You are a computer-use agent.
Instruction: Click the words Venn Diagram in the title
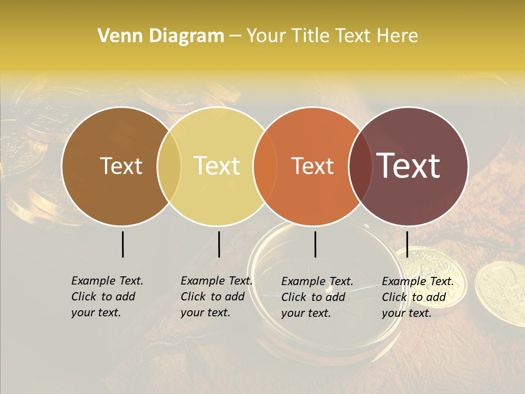coord(161,36)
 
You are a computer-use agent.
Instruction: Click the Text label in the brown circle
coord(121,166)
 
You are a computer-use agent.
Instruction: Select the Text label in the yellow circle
coord(217,166)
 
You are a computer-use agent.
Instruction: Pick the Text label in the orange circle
coord(313,166)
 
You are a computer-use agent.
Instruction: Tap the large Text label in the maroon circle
coord(409,166)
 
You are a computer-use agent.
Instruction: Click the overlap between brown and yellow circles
coord(169,166)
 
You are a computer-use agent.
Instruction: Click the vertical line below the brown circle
coord(122,244)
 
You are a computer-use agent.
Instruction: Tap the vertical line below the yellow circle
coord(219,244)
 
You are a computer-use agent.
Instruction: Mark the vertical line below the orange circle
coord(315,244)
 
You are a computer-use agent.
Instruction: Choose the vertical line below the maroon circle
coord(407,244)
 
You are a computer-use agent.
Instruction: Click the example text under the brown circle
coord(107,297)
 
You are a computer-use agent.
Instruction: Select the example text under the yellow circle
coord(217,297)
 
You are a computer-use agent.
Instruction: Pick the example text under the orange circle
coord(317,297)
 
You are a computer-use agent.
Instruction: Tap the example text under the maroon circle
coord(418,297)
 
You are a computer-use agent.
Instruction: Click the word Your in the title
coord(266,36)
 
